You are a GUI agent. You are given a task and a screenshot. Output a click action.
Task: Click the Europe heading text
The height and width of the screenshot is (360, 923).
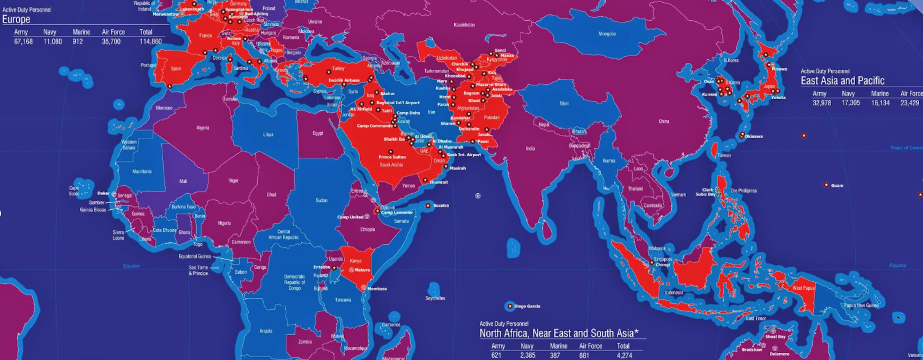click(x=16, y=19)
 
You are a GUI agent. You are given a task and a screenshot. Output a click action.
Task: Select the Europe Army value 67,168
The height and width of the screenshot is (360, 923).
click(x=24, y=41)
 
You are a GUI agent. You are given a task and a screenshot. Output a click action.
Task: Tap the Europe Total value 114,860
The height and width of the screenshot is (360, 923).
click(x=151, y=41)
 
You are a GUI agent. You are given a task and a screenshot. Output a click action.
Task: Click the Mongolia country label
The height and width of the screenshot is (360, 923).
click(x=607, y=34)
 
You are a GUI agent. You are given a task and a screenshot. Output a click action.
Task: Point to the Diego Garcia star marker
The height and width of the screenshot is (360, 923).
click(x=510, y=306)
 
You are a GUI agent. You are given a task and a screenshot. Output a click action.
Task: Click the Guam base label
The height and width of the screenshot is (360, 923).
click(x=837, y=186)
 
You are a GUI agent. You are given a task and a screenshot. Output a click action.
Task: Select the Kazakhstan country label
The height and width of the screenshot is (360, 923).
click(x=464, y=25)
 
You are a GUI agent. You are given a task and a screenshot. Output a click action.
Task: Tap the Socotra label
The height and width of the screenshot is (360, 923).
click(x=441, y=205)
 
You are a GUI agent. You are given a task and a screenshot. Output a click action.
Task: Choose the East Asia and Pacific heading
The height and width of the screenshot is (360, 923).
click(x=842, y=81)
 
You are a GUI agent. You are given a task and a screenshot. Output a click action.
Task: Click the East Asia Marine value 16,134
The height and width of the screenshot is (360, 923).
click(x=880, y=103)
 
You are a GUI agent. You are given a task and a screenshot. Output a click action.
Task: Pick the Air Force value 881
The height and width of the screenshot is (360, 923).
click(x=584, y=355)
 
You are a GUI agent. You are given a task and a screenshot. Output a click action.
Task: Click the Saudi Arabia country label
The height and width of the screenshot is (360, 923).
click(x=391, y=165)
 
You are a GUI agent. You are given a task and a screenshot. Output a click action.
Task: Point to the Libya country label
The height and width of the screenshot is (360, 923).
click(x=268, y=135)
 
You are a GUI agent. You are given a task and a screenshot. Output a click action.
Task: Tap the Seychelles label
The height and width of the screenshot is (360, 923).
click(x=435, y=298)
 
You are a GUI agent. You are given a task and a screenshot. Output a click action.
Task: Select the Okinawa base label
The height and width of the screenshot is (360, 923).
click(x=754, y=136)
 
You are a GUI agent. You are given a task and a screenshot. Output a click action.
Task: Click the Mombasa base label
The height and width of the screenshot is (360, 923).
click(x=377, y=289)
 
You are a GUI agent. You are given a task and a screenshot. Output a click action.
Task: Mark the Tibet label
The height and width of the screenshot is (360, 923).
click(x=564, y=104)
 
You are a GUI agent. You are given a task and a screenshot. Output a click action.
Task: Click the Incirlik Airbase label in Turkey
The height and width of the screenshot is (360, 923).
click(x=344, y=80)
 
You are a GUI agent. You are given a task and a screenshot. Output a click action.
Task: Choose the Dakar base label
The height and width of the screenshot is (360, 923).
click(x=103, y=193)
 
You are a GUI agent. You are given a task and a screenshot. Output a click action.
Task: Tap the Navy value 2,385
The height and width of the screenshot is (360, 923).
click(x=528, y=355)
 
